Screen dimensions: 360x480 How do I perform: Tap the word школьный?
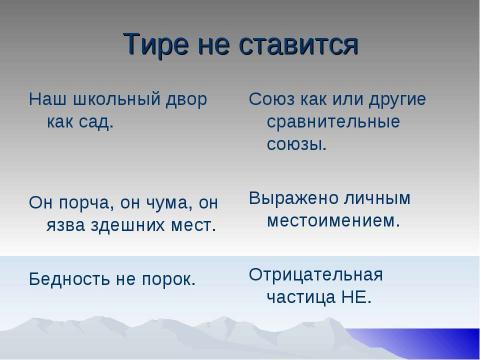(x=111, y=101)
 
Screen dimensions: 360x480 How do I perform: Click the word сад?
(x=96, y=123)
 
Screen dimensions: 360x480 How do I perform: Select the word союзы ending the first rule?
(x=297, y=146)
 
